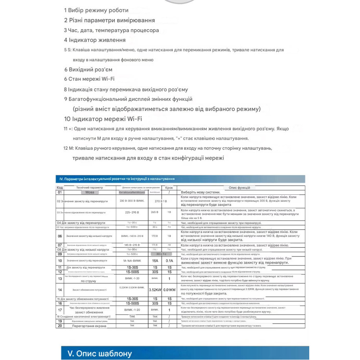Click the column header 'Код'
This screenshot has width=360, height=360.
[x=60, y=188]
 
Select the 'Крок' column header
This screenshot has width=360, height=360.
[x=169, y=188]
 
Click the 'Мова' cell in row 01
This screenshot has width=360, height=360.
[x=90, y=192]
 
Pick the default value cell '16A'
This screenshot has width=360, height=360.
[x=155, y=261]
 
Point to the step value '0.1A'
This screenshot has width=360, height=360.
[x=169, y=261]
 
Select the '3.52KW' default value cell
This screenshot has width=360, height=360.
[x=155, y=289]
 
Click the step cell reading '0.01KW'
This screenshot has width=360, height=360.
[x=169, y=289]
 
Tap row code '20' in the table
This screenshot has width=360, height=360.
[x=60, y=326]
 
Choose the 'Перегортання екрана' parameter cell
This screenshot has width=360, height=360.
[x=89, y=326]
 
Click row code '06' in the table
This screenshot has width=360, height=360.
[x=60, y=236]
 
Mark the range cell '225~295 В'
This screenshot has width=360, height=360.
[x=132, y=212]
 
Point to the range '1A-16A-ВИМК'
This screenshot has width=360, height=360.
[x=132, y=260]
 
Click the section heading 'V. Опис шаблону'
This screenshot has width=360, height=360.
[x=97, y=354]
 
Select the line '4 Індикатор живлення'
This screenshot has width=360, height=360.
[x=95, y=40]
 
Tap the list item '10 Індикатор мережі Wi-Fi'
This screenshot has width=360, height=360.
[x=103, y=119]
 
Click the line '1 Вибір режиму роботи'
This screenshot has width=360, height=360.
[x=96, y=10]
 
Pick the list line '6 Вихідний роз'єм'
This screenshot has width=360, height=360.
[x=88, y=69]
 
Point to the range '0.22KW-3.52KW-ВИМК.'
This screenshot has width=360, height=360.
[x=132, y=287]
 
